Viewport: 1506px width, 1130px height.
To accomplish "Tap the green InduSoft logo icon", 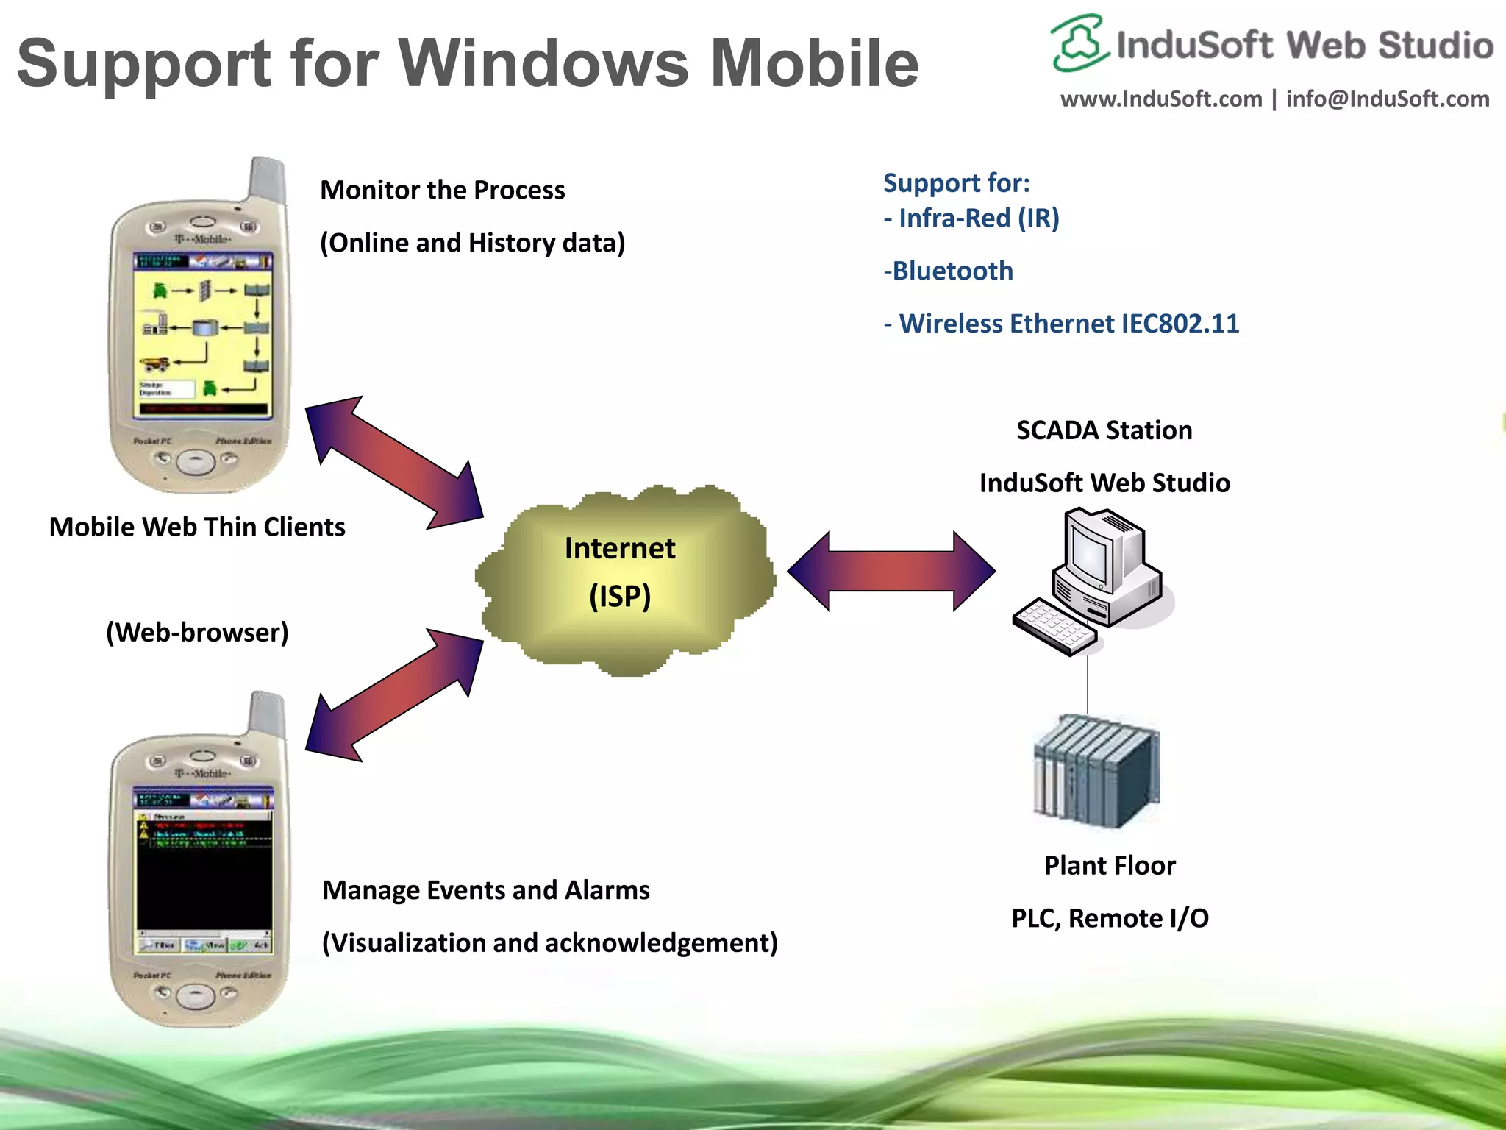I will pos(1078,44).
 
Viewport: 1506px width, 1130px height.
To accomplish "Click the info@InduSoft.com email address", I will pos(1387,99).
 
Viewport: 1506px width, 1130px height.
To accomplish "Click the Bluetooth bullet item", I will pos(952,271).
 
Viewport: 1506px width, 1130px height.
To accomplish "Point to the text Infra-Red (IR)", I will pos(978,218).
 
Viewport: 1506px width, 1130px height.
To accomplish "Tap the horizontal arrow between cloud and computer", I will pos(891,571).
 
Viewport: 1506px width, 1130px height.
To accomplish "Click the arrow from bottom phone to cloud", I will pos(395,694).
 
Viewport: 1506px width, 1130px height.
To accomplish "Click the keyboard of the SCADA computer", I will pos(1053,625).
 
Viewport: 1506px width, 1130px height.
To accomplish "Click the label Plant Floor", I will pos(1109,866).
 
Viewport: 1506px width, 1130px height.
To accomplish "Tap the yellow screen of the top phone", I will pos(203,338).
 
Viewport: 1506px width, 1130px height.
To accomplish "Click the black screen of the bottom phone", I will pos(203,883).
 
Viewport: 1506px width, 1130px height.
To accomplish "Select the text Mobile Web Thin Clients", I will pos(197,527).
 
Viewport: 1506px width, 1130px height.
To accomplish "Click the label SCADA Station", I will pos(1104,430).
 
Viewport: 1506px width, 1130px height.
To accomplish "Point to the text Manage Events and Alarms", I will pos(485,891).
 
